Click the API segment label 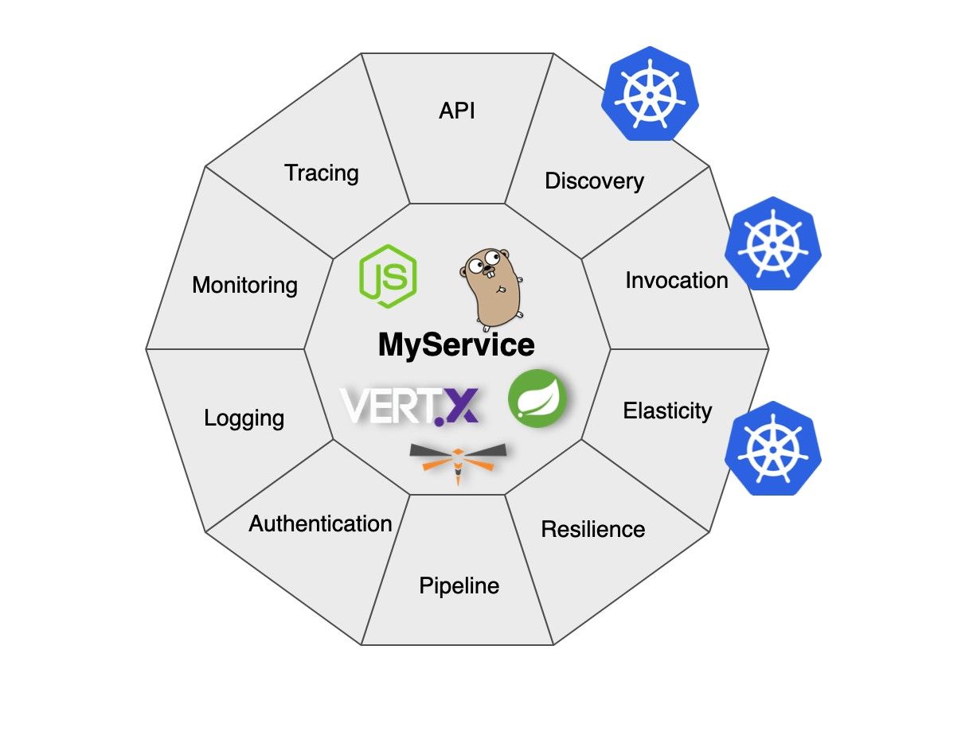(x=456, y=111)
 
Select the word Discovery (x=594, y=181)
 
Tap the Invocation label (x=676, y=281)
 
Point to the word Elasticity (x=667, y=411)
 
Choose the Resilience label (x=592, y=529)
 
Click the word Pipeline (x=459, y=586)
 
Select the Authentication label (x=320, y=524)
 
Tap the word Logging (x=244, y=418)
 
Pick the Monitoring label (x=244, y=286)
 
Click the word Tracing (x=322, y=173)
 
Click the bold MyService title (x=455, y=345)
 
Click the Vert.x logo (x=410, y=404)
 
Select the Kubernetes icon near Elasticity (x=772, y=446)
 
